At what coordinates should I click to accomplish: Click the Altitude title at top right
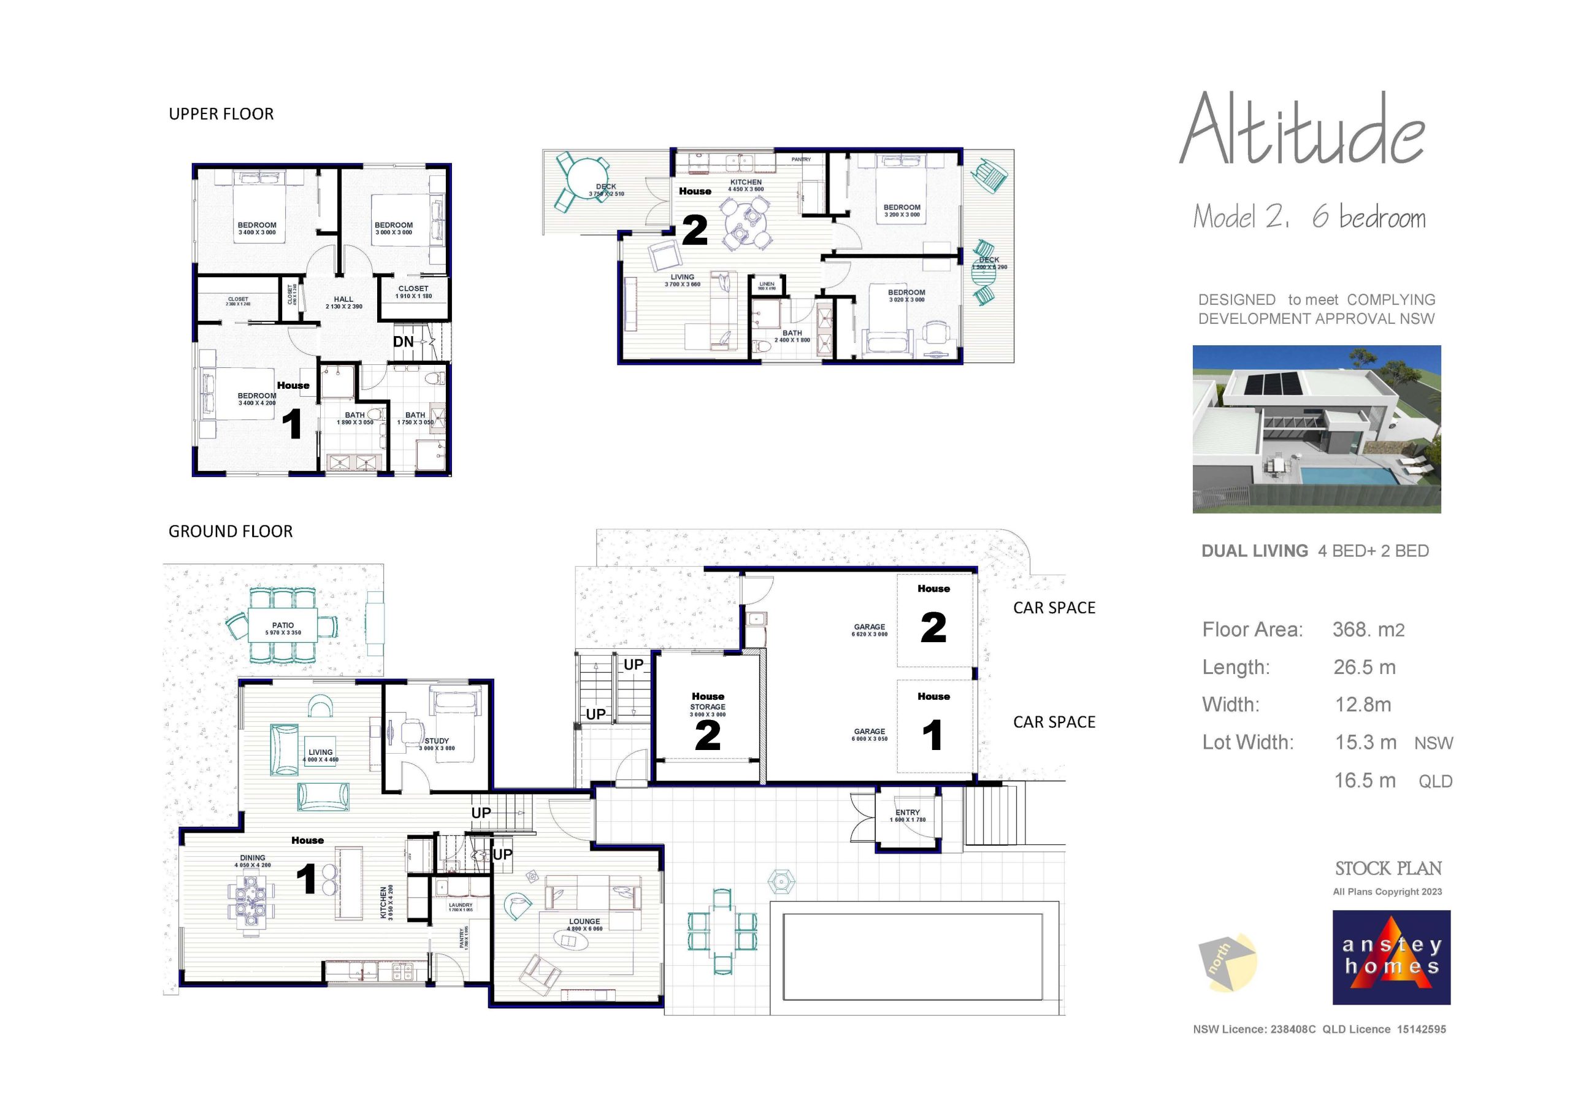point(1302,130)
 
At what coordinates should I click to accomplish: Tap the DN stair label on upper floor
point(404,341)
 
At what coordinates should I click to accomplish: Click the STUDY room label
point(436,741)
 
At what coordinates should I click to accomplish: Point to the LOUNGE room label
point(584,921)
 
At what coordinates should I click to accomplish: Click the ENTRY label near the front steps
point(908,813)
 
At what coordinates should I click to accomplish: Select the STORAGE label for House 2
point(708,706)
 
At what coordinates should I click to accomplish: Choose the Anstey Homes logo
point(1391,957)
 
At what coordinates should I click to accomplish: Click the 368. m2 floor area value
point(1368,629)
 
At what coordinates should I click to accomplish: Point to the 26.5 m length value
point(1364,667)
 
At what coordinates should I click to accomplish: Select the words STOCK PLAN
point(1388,868)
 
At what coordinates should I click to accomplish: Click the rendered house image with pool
point(1316,429)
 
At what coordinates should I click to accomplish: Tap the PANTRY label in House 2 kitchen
point(801,159)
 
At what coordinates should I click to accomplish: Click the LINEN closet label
point(767,284)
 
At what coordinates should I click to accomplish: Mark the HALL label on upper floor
point(343,299)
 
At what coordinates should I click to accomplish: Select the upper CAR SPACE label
point(1054,607)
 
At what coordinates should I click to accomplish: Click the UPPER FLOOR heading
point(221,113)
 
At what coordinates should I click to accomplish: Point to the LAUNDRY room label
point(460,905)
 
